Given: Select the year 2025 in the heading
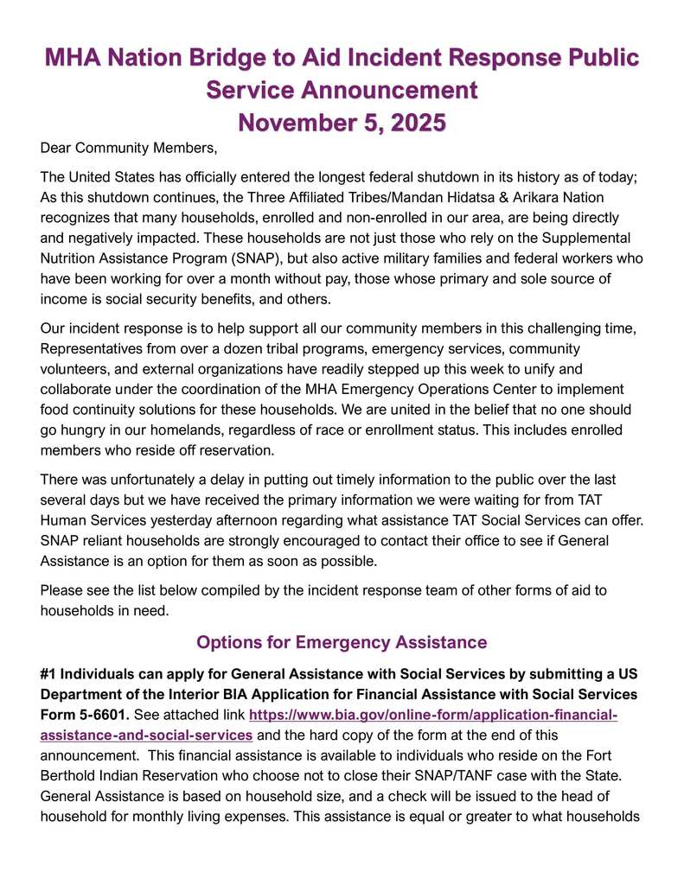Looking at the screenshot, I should (x=409, y=122).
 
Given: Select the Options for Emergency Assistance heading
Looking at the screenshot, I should (x=342, y=642).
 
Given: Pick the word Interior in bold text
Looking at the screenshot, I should (x=196, y=695).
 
